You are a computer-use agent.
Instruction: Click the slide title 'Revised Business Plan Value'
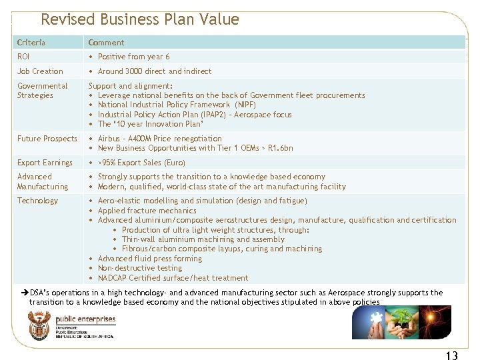(x=139, y=19)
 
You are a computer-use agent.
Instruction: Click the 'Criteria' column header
(x=31, y=43)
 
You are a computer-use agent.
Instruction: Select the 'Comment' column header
(x=106, y=43)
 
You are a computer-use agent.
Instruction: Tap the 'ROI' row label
(x=23, y=57)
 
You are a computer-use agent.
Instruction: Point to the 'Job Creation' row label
(x=40, y=71)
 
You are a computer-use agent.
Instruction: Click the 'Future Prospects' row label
(x=47, y=139)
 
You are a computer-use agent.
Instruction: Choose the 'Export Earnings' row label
(x=45, y=163)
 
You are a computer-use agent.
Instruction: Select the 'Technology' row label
(x=37, y=201)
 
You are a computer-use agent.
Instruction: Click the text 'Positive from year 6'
(x=133, y=57)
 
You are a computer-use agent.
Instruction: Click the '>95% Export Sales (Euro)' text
(x=141, y=163)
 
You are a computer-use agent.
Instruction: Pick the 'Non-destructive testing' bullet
(x=139, y=268)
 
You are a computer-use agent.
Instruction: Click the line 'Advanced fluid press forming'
(x=149, y=259)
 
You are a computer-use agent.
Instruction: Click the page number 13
(x=451, y=355)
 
